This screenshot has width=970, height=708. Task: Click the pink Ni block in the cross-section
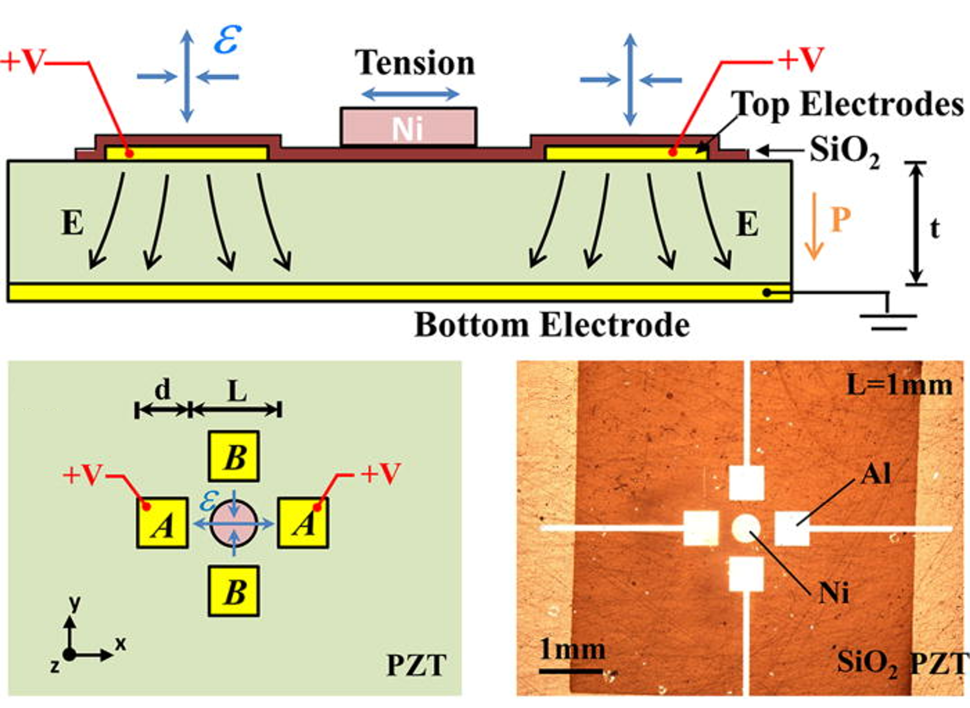coord(408,126)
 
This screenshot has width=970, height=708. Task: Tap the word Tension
coord(414,63)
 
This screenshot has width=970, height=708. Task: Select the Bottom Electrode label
coord(552,325)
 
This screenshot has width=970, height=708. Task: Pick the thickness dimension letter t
coord(935,228)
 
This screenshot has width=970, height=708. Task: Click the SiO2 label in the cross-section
coord(844,152)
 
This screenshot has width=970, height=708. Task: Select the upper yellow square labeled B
coord(234,456)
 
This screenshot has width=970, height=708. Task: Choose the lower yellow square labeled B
coord(234,591)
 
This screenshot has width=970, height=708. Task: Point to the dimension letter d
coord(162,390)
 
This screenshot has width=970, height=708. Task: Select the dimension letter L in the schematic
coord(237,391)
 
